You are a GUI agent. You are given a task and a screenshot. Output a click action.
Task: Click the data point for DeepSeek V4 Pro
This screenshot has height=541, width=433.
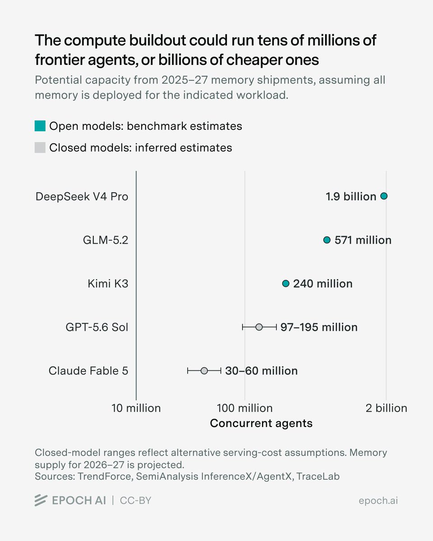(384, 196)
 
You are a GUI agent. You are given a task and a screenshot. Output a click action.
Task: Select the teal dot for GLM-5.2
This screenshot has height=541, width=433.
(327, 240)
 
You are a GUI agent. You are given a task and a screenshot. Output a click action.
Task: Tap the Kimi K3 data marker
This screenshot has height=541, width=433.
(286, 284)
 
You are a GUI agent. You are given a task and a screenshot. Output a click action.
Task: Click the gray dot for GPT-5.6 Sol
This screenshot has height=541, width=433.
(259, 327)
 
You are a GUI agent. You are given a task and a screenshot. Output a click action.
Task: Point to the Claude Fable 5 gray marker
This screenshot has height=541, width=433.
(204, 371)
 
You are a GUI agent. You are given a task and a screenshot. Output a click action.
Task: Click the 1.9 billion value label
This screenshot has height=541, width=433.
(351, 197)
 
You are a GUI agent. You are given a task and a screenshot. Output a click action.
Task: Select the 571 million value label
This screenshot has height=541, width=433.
(363, 240)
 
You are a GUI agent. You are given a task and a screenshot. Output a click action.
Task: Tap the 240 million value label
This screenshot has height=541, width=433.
(323, 284)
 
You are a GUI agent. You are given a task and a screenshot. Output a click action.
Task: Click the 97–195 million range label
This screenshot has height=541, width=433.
(319, 327)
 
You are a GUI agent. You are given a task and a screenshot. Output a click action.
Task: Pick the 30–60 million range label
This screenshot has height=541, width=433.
(261, 371)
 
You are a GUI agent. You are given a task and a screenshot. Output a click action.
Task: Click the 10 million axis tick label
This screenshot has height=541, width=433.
(136, 408)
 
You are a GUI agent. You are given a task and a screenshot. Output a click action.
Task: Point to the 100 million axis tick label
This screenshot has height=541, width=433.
(244, 408)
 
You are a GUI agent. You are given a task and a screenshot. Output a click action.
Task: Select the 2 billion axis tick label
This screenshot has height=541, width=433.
(386, 408)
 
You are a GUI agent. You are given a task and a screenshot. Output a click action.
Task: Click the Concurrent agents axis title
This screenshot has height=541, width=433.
(261, 423)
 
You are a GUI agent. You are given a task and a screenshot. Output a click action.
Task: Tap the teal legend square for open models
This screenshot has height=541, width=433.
(40, 126)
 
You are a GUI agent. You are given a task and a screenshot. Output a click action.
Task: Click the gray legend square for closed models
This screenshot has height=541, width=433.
(40, 147)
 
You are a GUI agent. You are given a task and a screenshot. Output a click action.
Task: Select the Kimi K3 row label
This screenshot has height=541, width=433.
(108, 284)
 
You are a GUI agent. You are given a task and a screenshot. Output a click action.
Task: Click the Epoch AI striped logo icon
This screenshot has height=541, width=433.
(41, 500)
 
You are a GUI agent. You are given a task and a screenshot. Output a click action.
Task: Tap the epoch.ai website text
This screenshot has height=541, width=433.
(378, 501)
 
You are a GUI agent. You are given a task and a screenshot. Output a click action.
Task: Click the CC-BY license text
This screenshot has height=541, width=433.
(135, 500)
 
